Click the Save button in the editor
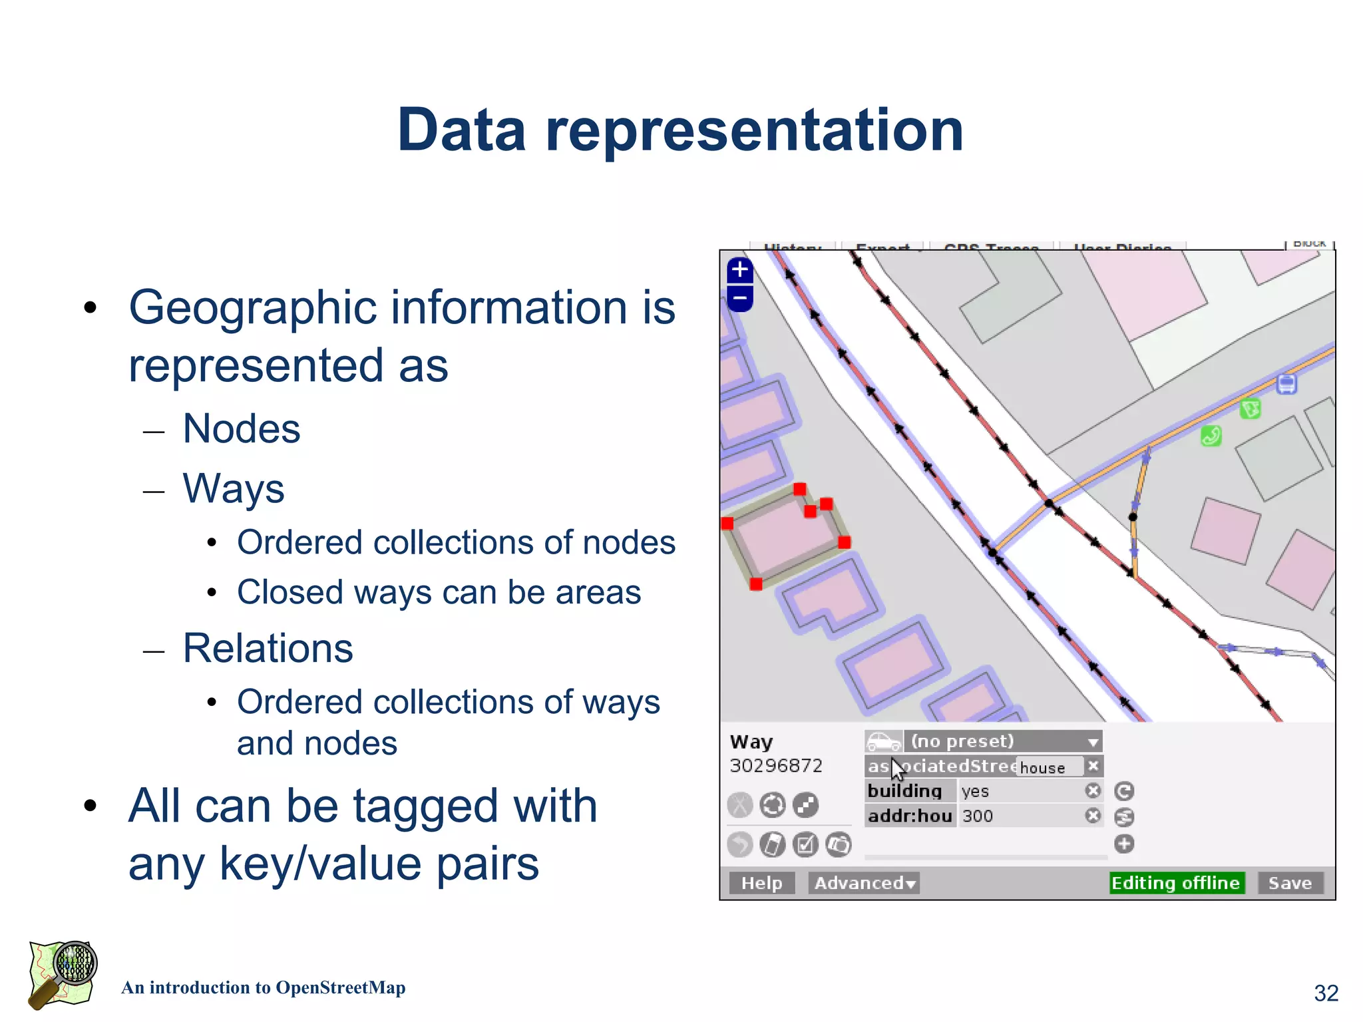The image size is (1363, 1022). click(1290, 883)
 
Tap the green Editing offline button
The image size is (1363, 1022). click(1176, 883)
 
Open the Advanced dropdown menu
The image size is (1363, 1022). click(864, 883)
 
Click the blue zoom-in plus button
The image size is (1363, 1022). click(740, 270)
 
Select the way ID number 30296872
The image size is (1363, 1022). click(776, 766)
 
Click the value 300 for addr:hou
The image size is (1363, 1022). click(978, 816)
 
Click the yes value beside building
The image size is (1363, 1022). click(975, 791)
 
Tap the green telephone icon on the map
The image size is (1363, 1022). click(1211, 436)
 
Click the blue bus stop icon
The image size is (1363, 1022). click(1286, 384)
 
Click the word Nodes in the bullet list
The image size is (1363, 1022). click(242, 428)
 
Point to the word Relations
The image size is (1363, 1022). click(268, 648)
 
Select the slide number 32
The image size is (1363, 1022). click(1326, 993)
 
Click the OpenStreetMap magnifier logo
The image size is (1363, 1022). click(63, 975)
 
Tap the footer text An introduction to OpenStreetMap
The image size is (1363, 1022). click(264, 988)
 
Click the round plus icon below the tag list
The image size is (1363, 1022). click(1124, 844)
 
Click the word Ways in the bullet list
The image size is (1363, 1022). click(234, 488)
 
